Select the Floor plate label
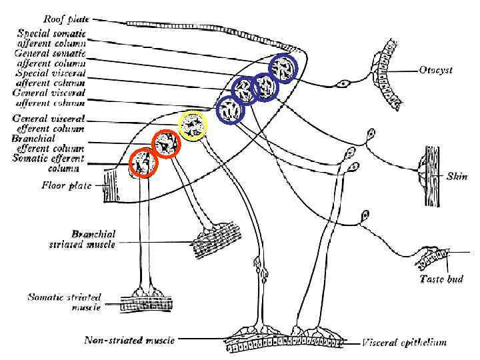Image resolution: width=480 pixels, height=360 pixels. coord(63,185)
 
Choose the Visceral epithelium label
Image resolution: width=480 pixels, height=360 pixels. coord(404,343)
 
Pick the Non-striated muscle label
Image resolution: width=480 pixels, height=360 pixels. coord(129,340)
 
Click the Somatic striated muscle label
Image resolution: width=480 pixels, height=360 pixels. coord(64,301)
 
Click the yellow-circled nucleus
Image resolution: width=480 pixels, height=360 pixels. coord(194,125)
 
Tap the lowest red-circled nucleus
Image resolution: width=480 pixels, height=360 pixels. coord(142,163)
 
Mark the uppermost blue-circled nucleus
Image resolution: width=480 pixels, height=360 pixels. coord(283,68)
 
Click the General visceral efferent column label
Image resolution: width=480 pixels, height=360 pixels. coord(49,123)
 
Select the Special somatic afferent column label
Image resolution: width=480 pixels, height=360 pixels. coord(52,37)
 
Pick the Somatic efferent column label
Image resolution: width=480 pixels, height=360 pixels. coord(49,163)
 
